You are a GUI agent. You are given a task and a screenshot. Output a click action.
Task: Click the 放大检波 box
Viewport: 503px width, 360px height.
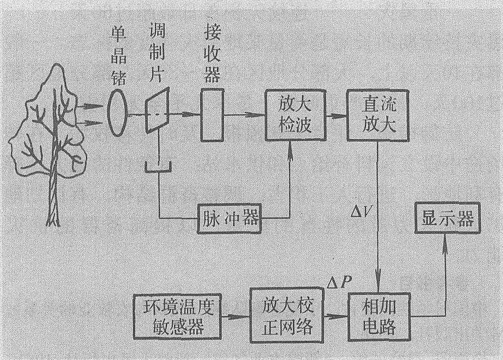(288, 116)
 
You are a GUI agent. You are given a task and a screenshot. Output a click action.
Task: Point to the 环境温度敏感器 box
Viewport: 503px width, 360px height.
(178, 317)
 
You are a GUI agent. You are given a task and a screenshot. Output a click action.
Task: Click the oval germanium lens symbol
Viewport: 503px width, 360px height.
(118, 114)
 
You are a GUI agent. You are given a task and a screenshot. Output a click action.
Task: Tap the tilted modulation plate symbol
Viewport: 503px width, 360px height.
(157, 114)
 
